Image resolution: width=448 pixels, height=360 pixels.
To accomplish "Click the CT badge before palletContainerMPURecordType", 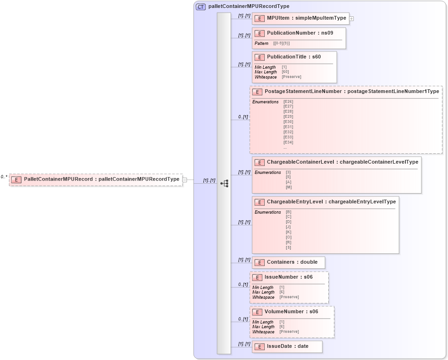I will point(201,7).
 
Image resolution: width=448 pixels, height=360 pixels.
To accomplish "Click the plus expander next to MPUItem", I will point(352,19).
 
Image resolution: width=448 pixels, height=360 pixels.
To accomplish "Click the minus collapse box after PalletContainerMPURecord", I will point(185,180).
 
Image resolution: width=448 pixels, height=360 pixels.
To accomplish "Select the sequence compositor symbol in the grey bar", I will point(224,184).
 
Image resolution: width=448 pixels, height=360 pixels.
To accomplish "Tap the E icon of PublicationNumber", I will point(260,34).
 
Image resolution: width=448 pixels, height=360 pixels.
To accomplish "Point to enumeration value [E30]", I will point(288,122).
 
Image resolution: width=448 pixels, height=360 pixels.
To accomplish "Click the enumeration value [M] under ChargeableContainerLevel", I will point(289,187).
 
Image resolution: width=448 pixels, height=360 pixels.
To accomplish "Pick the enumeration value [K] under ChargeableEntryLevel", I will point(289,232).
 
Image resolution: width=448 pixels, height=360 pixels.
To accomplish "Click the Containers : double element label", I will point(292,262).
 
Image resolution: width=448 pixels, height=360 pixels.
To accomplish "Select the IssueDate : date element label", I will point(288,347).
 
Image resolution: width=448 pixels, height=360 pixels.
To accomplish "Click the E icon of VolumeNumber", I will point(257,312).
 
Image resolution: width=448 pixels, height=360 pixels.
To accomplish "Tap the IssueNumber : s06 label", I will point(289,277).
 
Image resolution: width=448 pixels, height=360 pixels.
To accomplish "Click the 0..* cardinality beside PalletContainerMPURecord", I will point(4,177).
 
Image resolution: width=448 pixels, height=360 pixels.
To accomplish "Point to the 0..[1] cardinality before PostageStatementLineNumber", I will point(243,117).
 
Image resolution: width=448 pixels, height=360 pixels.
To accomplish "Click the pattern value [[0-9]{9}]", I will point(282,43).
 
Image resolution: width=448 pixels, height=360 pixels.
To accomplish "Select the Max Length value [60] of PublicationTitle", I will point(285,72).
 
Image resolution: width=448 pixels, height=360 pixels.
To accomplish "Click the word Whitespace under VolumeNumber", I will point(263,332).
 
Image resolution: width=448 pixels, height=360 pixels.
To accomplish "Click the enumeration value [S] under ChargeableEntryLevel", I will point(289,247).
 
